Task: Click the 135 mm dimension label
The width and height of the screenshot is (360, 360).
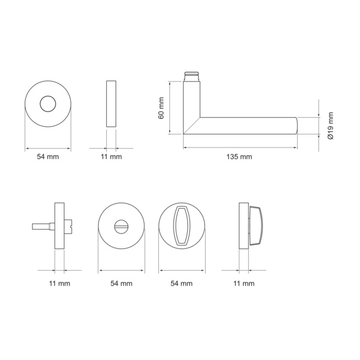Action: click(x=239, y=157)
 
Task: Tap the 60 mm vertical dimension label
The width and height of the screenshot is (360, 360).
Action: click(x=161, y=108)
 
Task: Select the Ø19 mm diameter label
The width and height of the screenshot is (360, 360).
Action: click(x=331, y=126)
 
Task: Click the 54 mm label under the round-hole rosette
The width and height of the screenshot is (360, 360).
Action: click(x=48, y=157)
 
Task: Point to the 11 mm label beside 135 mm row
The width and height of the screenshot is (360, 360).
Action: click(x=112, y=157)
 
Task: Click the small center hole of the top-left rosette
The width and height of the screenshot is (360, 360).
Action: click(x=48, y=104)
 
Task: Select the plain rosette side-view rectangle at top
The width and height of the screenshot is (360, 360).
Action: click(x=111, y=104)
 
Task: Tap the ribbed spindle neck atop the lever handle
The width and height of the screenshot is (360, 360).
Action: click(x=191, y=77)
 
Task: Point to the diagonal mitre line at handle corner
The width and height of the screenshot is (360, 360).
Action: click(x=192, y=125)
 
